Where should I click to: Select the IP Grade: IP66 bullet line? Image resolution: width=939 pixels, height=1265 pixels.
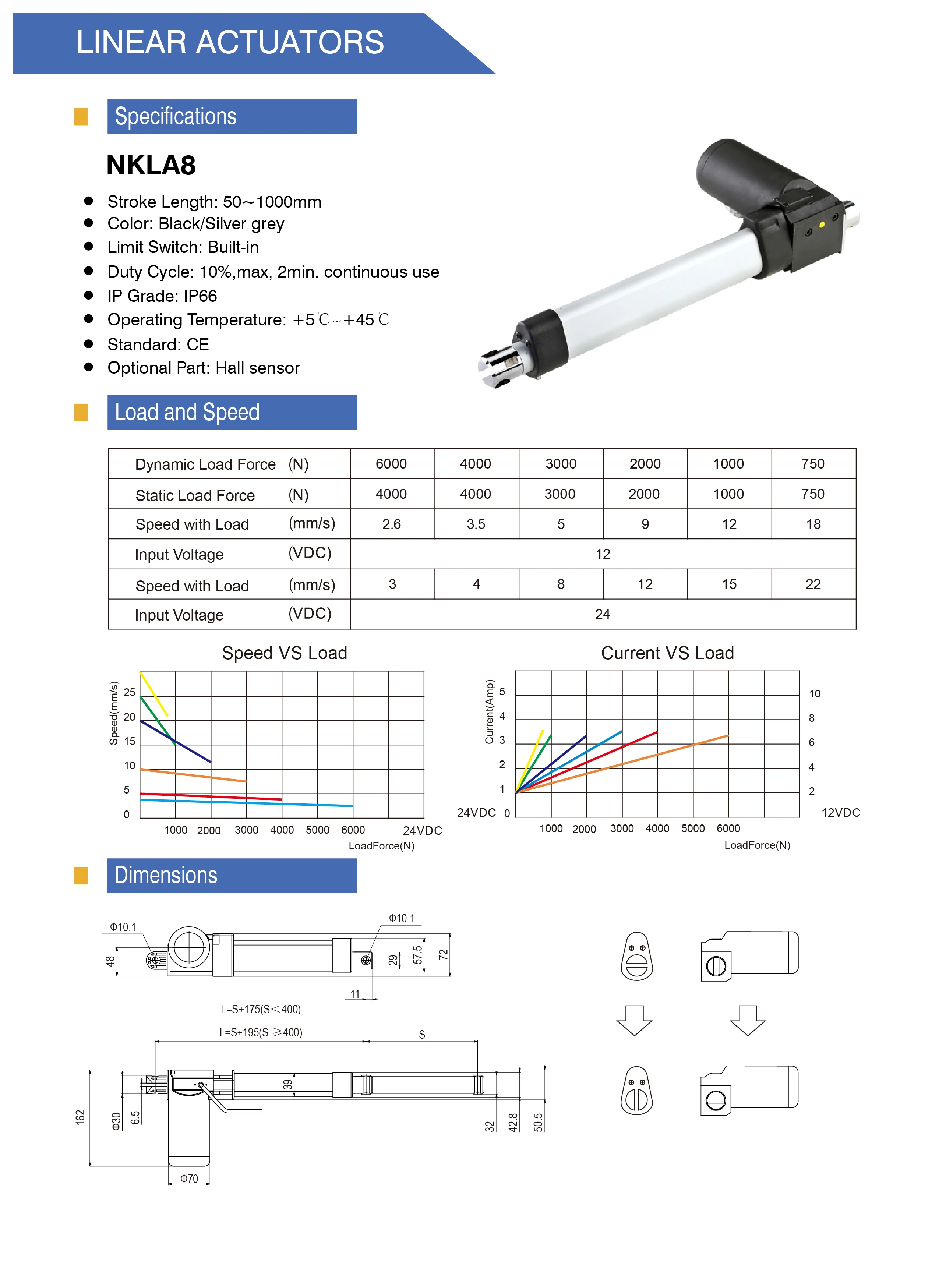[162, 296]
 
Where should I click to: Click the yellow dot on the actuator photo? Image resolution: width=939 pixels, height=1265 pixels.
[821, 225]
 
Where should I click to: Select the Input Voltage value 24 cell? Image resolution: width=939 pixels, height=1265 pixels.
[603, 614]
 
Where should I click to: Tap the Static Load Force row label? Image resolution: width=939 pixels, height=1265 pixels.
[195, 495]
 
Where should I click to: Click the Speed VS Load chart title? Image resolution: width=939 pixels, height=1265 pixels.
[284, 653]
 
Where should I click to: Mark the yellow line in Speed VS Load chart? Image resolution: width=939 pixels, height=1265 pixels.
[154, 695]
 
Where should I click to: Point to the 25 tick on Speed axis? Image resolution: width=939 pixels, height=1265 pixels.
[130, 692]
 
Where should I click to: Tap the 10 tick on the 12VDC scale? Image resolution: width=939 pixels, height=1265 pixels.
[815, 694]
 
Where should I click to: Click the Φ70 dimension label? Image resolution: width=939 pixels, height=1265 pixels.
[189, 1179]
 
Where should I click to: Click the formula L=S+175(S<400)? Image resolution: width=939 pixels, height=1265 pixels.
[260, 1009]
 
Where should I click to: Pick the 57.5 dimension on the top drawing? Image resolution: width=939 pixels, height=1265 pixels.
[418, 955]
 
